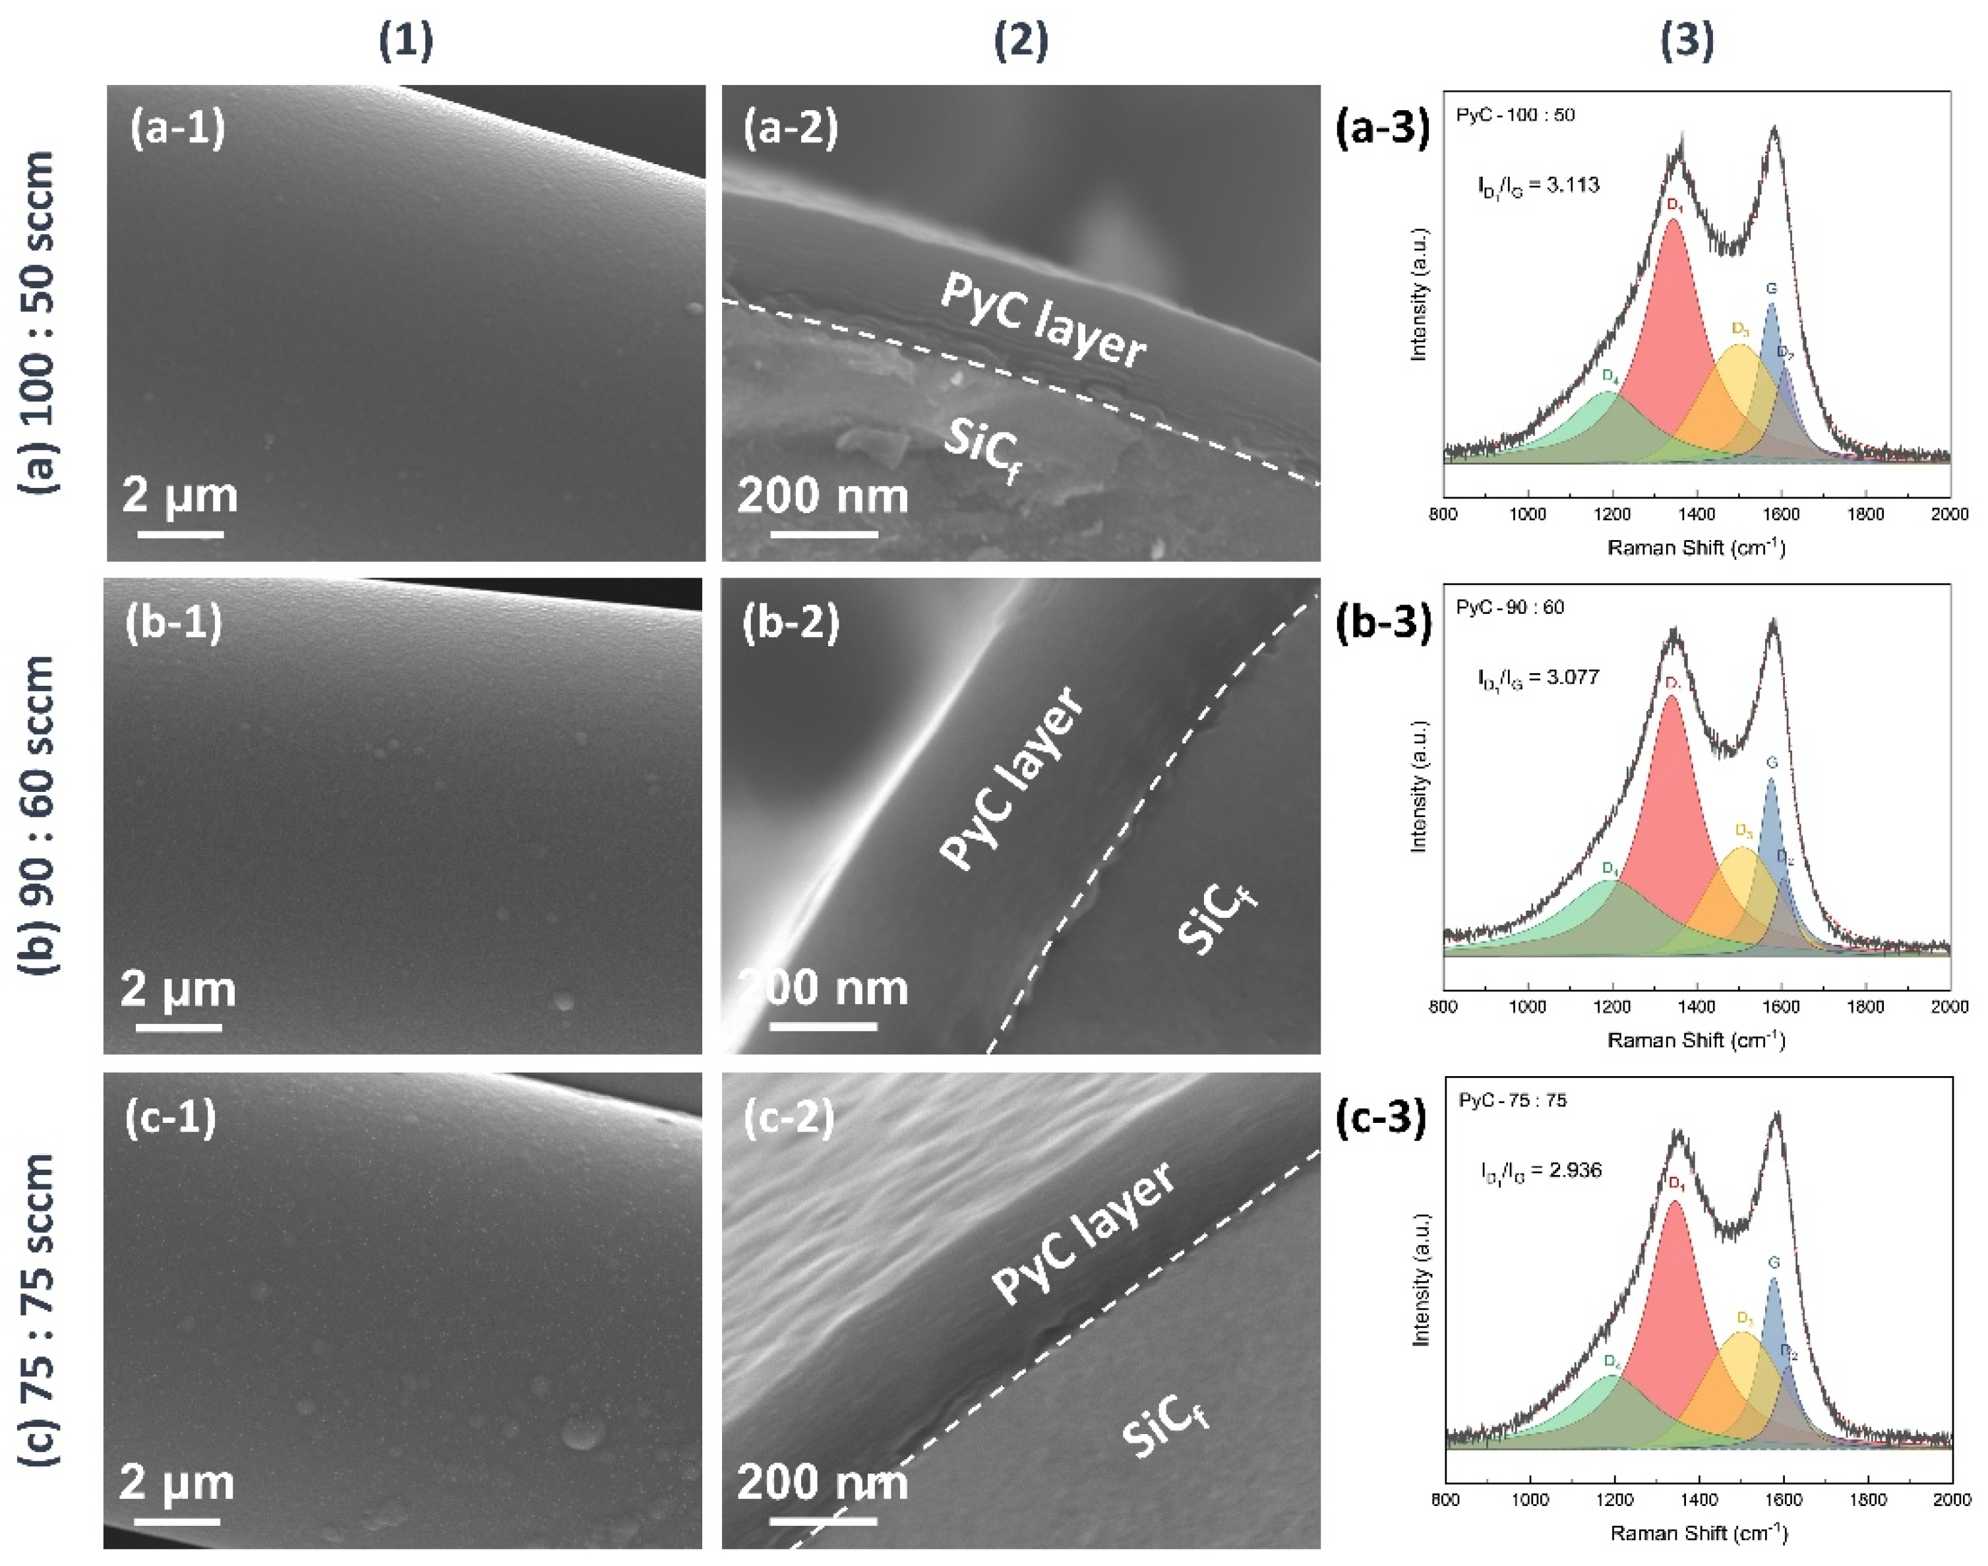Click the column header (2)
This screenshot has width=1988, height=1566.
click(x=1021, y=42)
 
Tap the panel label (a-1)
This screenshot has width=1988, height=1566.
click(x=178, y=129)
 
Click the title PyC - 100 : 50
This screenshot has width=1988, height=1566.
click(x=1515, y=115)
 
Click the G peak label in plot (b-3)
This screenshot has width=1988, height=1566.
click(x=1772, y=763)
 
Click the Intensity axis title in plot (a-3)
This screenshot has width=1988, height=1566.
click(x=1420, y=294)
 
